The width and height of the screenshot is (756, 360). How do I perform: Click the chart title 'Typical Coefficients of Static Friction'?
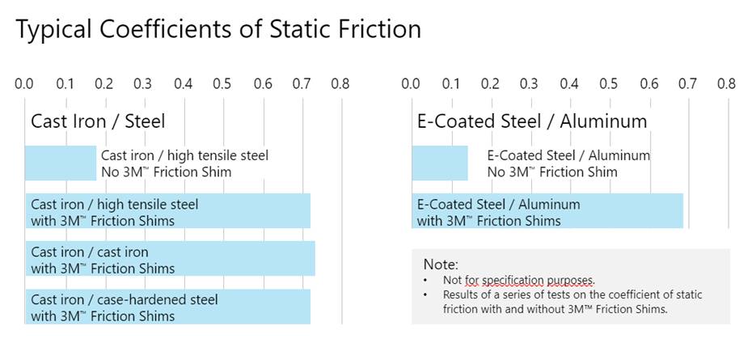[x=218, y=30]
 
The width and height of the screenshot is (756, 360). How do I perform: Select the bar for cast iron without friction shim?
[x=61, y=163]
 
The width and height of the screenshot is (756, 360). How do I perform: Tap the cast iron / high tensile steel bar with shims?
[x=168, y=211]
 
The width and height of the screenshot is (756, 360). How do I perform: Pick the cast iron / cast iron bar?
[x=170, y=258]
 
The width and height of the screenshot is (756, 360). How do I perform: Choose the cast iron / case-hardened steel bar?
[x=168, y=307]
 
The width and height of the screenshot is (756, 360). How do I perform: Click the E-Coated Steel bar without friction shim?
[x=440, y=163]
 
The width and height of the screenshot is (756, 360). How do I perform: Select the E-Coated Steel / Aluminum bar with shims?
[x=547, y=211]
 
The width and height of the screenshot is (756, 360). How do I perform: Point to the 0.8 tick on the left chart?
[x=340, y=84]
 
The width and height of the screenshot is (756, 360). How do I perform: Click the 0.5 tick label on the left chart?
[x=222, y=84]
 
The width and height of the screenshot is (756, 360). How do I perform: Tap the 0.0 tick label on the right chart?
[x=411, y=84]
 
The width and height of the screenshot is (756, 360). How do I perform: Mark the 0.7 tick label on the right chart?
[x=687, y=84]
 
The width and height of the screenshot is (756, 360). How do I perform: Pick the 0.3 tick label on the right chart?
[x=530, y=84]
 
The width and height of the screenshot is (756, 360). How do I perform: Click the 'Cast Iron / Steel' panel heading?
[x=98, y=121]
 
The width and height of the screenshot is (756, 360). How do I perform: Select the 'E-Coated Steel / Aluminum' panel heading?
[x=532, y=121]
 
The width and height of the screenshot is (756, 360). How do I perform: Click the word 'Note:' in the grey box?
[x=441, y=265]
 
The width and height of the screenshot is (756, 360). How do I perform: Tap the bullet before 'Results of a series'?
[x=425, y=294]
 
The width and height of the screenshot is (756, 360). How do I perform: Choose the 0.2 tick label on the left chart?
[x=104, y=84]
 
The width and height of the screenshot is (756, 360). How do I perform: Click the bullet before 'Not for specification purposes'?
[x=425, y=280]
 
